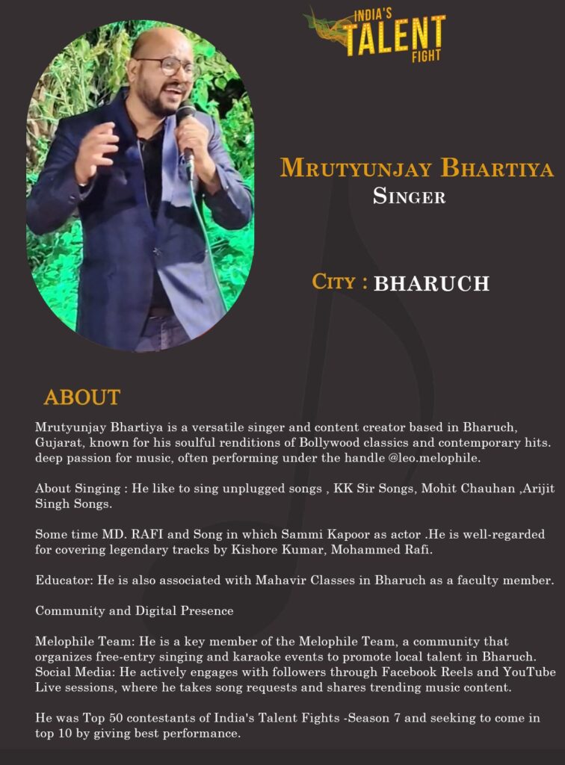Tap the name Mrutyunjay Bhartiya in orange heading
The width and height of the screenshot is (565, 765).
[416, 169]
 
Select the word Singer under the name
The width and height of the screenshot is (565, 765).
[409, 197]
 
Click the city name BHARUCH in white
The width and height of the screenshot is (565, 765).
[431, 284]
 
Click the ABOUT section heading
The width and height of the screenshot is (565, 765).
[81, 397]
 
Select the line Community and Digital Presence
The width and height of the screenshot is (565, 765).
[135, 611]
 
